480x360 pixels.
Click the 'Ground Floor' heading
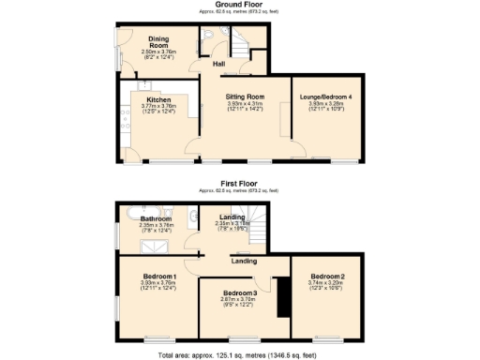coord(239,5)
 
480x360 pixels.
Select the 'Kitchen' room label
coord(157,97)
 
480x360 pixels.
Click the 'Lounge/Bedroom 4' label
coord(324,97)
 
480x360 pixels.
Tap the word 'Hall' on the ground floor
coord(217,64)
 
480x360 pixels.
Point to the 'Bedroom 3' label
coord(238,294)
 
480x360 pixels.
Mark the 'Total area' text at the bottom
coord(239,354)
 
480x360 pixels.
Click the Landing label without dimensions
coord(244,262)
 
